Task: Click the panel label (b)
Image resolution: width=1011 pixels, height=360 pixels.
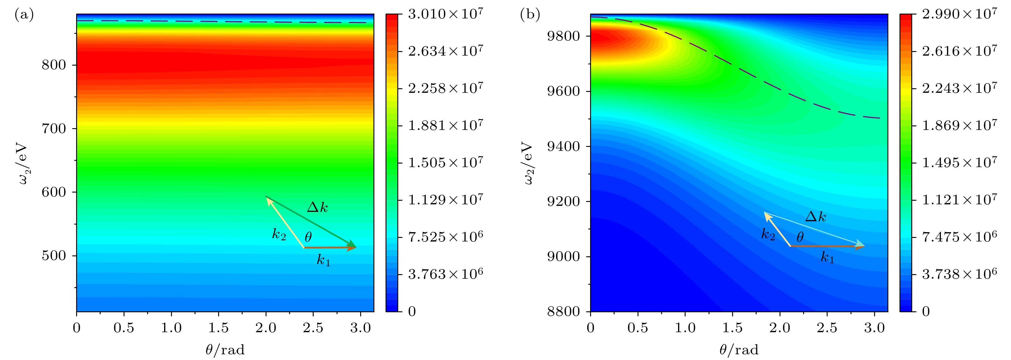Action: click(530, 15)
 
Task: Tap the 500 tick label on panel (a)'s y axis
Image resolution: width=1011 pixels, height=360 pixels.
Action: click(54, 256)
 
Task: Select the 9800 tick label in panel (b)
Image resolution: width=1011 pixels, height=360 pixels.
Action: click(564, 36)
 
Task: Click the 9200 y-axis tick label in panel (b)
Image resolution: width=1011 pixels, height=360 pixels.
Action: click(564, 201)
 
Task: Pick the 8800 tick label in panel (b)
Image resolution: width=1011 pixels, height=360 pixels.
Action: click(564, 312)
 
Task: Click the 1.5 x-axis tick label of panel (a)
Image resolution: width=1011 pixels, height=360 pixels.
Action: click(218, 328)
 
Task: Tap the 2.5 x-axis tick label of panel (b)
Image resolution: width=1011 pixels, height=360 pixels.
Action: click(827, 328)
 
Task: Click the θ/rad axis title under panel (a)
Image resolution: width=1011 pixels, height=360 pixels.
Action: click(225, 349)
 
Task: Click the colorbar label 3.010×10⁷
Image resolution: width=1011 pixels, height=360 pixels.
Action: click(445, 14)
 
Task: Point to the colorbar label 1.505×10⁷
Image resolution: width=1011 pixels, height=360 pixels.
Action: click(445, 163)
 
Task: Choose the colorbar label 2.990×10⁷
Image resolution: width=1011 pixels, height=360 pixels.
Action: click(960, 14)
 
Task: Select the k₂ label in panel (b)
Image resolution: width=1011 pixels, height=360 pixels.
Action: click(768, 234)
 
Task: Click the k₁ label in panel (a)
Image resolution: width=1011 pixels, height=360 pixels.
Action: click(324, 260)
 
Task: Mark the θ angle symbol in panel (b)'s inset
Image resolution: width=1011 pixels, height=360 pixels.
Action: click(800, 237)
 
